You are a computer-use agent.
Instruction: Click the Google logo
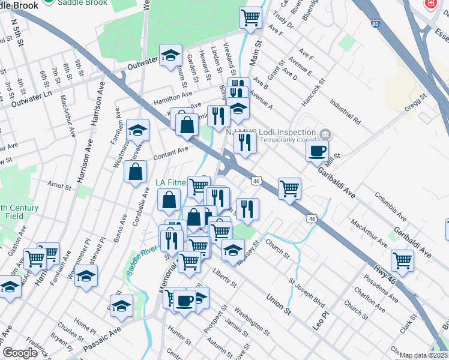(20, 353)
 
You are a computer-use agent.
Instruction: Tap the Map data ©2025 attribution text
(424, 355)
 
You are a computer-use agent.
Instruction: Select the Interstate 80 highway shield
(375, 23)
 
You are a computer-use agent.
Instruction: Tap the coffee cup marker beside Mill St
(317, 151)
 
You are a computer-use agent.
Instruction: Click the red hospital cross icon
(430, 4)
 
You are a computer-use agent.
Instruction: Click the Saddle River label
(142, 260)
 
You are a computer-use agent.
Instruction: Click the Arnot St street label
(59, 188)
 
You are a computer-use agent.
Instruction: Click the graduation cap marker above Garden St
(170, 55)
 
